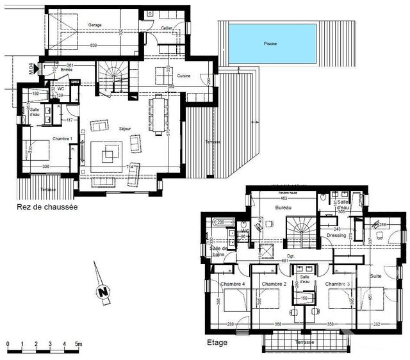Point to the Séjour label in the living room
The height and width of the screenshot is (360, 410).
coord(125,129)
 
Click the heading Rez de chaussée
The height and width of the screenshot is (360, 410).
coord(47,208)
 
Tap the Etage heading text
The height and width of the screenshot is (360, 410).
coord(217,342)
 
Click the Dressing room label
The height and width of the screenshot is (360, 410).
coord(336,235)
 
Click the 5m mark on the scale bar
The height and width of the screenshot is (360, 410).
coord(78,345)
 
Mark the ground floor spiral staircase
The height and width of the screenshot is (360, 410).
coord(114,75)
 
